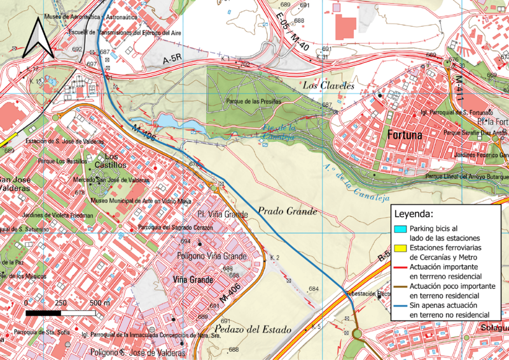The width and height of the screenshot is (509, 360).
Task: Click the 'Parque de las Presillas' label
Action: pos(253,101)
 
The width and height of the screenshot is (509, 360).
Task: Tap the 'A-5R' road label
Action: pos(172,60)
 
